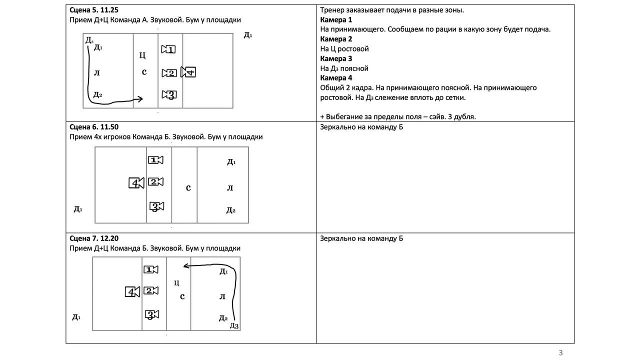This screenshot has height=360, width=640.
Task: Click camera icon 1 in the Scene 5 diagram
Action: [168, 49]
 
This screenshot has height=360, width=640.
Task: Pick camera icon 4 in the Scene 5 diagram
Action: [188, 72]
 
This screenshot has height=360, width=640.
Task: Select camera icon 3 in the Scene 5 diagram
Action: [169, 94]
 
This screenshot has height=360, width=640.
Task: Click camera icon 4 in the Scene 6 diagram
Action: [136, 183]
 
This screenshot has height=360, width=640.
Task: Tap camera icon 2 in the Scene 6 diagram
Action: [156, 181]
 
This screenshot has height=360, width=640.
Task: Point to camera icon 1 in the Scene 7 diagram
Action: [150, 270]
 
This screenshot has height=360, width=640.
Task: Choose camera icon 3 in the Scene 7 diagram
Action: [152, 314]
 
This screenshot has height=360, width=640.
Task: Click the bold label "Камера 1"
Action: [336, 20]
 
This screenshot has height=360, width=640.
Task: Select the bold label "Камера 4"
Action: [336, 78]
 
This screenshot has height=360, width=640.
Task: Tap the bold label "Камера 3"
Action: [336, 58]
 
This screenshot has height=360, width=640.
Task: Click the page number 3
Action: [560, 352]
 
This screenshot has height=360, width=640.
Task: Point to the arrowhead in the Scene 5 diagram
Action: [140, 99]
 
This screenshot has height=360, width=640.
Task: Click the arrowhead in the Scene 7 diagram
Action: [185, 266]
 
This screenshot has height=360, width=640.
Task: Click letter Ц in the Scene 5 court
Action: [142, 55]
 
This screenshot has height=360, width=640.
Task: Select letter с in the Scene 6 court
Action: [188, 188]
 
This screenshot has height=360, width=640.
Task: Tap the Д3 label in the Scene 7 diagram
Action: [234, 326]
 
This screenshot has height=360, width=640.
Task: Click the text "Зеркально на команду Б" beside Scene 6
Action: [361, 127]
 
